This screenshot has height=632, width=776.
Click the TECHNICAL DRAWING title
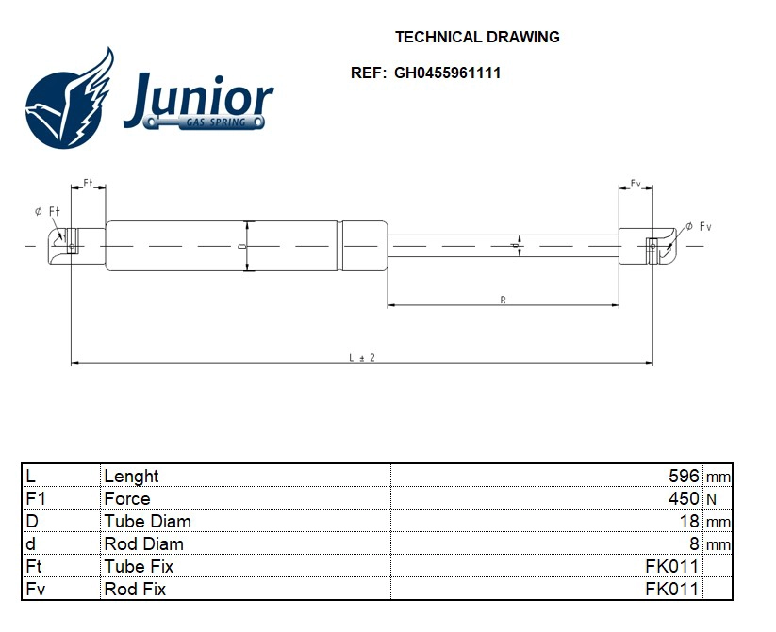(x=476, y=38)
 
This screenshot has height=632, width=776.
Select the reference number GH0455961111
(x=447, y=73)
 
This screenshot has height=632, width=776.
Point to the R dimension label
(x=504, y=300)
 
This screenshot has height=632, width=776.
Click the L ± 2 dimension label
(x=362, y=357)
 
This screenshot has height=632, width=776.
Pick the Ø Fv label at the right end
(x=698, y=226)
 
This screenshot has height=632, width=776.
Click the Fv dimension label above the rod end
(x=636, y=183)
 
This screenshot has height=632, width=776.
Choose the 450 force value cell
(x=684, y=498)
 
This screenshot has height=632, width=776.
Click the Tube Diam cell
(x=147, y=521)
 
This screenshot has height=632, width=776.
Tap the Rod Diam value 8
(x=694, y=543)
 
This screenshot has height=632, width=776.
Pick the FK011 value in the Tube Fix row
(x=671, y=566)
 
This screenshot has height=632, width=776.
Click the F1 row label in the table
(x=36, y=498)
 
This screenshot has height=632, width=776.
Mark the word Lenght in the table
(x=131, y=476)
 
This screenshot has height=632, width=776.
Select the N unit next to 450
(x=711, y=499)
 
